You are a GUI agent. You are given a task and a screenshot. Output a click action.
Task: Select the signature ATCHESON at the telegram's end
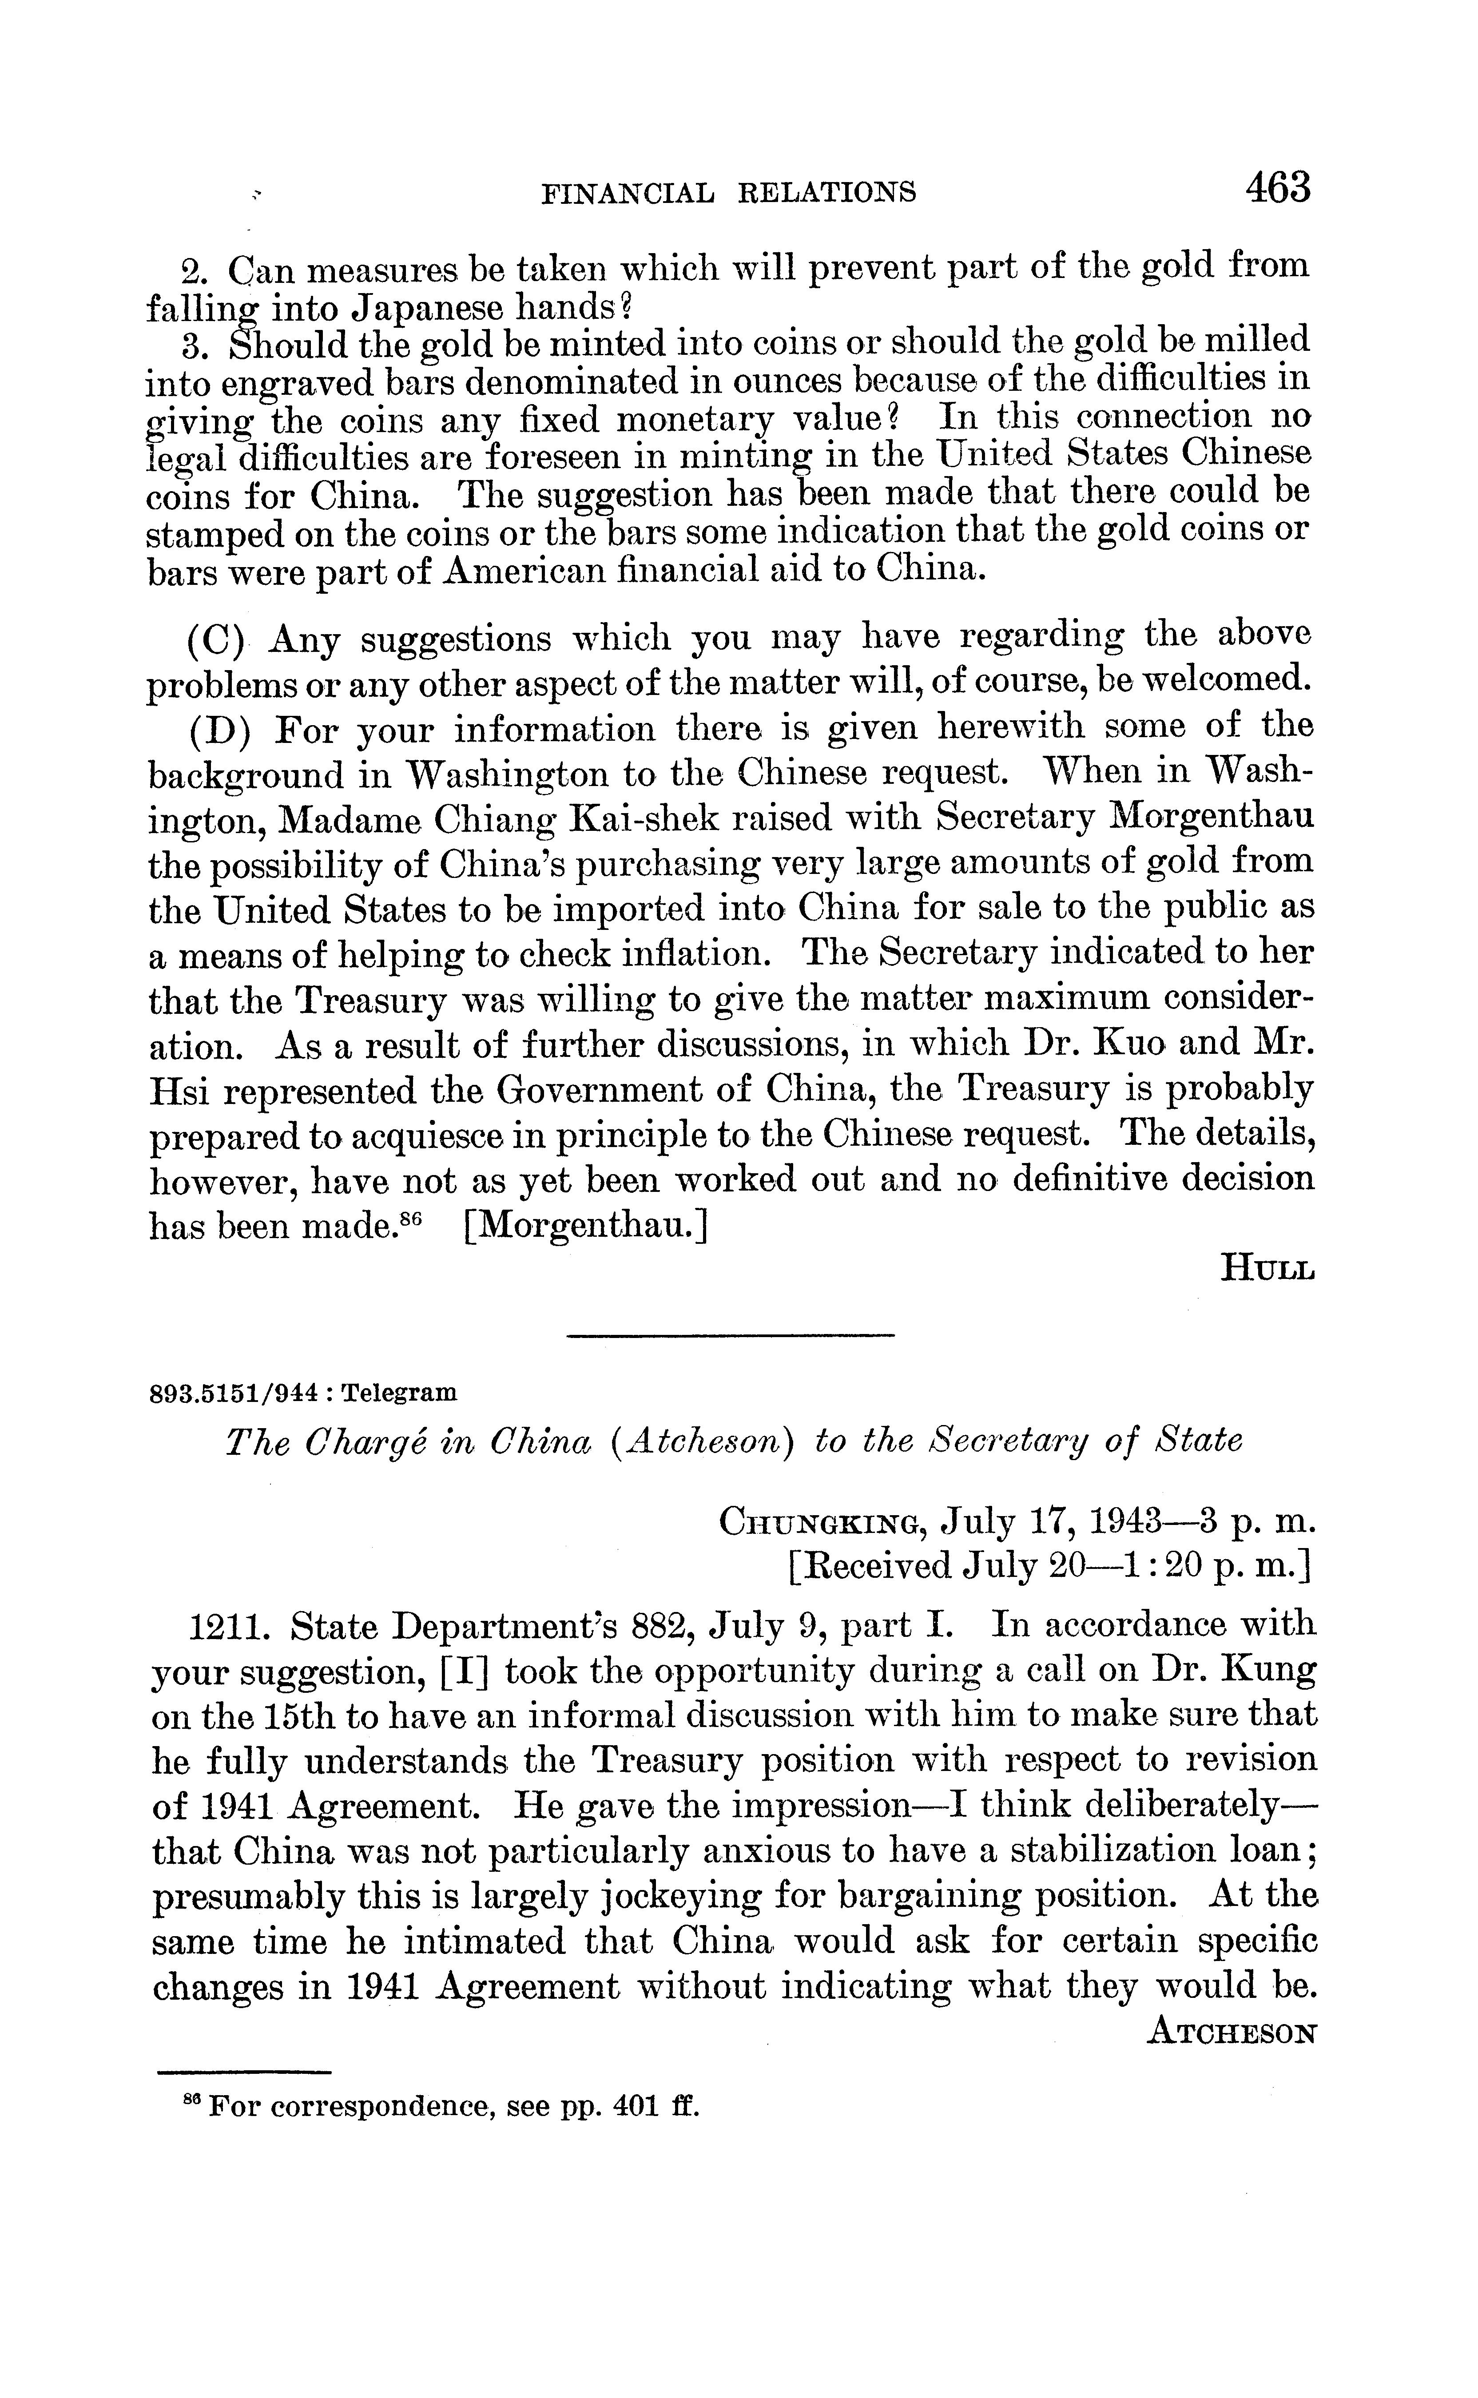click(x=1232, y=2033)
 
